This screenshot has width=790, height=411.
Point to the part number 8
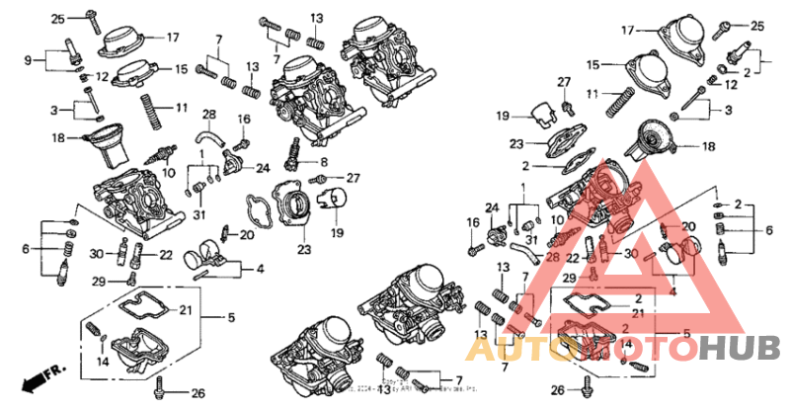click(323, 160)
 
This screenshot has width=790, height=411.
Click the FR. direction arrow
click(39, 376)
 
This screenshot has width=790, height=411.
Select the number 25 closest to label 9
click(57, 19)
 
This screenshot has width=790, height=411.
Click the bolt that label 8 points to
click(293, 150)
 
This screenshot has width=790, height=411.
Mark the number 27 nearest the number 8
click(354, 178)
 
